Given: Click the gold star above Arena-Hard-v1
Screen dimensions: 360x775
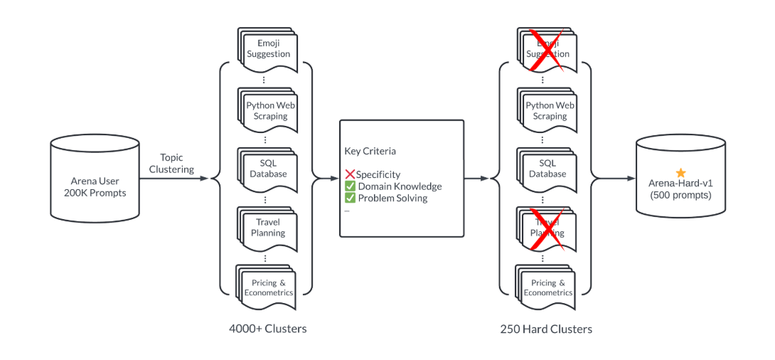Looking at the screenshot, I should point(680,172).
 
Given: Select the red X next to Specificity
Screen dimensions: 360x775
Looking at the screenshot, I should point(350,174).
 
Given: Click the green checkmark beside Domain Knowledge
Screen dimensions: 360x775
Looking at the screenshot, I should point(350,186).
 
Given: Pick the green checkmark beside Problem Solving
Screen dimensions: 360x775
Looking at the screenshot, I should point(350,198).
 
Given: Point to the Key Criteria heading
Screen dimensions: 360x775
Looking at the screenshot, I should point(370,151).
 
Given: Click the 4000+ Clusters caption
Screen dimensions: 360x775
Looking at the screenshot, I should point(268,329).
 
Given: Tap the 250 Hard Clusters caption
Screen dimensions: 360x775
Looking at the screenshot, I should point(546,329).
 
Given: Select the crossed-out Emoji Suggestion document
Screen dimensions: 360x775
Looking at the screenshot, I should point(547,49).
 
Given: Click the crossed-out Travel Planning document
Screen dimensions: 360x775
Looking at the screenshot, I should point(547,228).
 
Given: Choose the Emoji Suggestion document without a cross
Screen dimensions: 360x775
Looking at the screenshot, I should point(268,49).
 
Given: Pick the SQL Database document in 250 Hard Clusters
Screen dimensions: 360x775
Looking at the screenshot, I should point(547,169).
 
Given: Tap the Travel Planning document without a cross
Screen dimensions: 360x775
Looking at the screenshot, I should point(268,228).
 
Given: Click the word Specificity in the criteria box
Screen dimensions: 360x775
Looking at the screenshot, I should point(378,174).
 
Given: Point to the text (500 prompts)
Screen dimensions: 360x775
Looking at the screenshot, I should point(680,195).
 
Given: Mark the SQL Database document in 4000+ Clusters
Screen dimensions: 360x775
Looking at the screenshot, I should point(268,169).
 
